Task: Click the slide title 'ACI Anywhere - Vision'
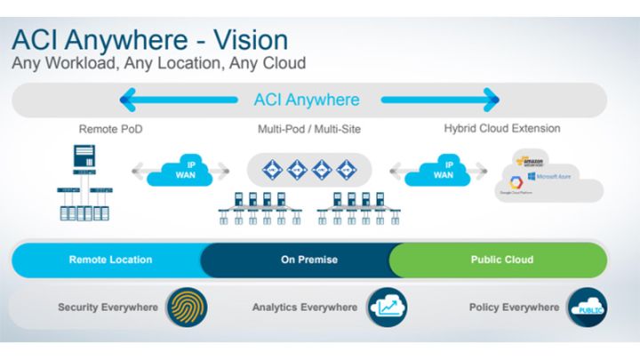point(150,39)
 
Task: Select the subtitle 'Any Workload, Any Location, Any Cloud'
point(158,64)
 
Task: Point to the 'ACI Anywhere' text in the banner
point(306,100)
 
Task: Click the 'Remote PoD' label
point(108,129)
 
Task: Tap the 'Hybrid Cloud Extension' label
point(502,129)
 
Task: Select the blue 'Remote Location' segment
point(110,260)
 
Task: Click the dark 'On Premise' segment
point(300,260)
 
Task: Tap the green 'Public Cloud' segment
point(501,260)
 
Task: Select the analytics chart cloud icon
point(384,308)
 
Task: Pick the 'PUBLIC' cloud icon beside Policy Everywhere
point(587,308)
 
